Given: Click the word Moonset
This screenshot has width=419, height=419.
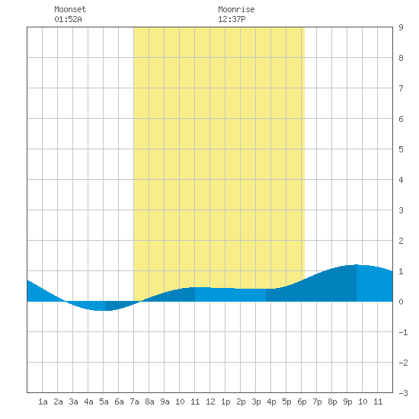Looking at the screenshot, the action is (70, 9).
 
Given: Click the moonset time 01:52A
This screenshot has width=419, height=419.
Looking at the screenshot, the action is (68, 19).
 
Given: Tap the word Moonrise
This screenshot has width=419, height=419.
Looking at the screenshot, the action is (236, 9).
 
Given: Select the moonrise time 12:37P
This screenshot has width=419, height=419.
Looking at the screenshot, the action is (232, 19).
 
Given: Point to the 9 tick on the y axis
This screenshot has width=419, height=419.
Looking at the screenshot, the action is (401, 27).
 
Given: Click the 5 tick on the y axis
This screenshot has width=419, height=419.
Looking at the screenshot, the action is (401, 149).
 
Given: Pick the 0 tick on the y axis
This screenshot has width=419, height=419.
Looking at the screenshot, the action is (401, 302).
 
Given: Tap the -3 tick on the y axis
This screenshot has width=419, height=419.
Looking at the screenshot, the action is (403, 393).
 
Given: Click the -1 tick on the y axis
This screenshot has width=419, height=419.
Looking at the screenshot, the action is (403, 332).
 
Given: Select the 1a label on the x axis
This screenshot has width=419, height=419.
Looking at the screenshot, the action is (43, 401).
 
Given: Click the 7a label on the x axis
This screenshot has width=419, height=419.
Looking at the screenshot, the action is (134, 401).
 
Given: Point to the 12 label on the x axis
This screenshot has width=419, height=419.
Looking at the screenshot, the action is (210, 401).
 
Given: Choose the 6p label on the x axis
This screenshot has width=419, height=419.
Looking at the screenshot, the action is (302, 401).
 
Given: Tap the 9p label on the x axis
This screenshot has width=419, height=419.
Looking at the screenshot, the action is (347, 401).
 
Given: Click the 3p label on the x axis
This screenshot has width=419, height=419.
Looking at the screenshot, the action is (256, 401).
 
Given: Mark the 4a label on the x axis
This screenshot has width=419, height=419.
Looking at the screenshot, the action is (88, 401).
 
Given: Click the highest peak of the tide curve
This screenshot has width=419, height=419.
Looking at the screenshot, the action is (357, 265).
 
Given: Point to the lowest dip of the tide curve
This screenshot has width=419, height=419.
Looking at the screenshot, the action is (103, 311).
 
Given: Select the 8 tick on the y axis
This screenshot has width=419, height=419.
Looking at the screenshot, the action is (401, 58).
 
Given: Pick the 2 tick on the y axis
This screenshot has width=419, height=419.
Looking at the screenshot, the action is (401, 241).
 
